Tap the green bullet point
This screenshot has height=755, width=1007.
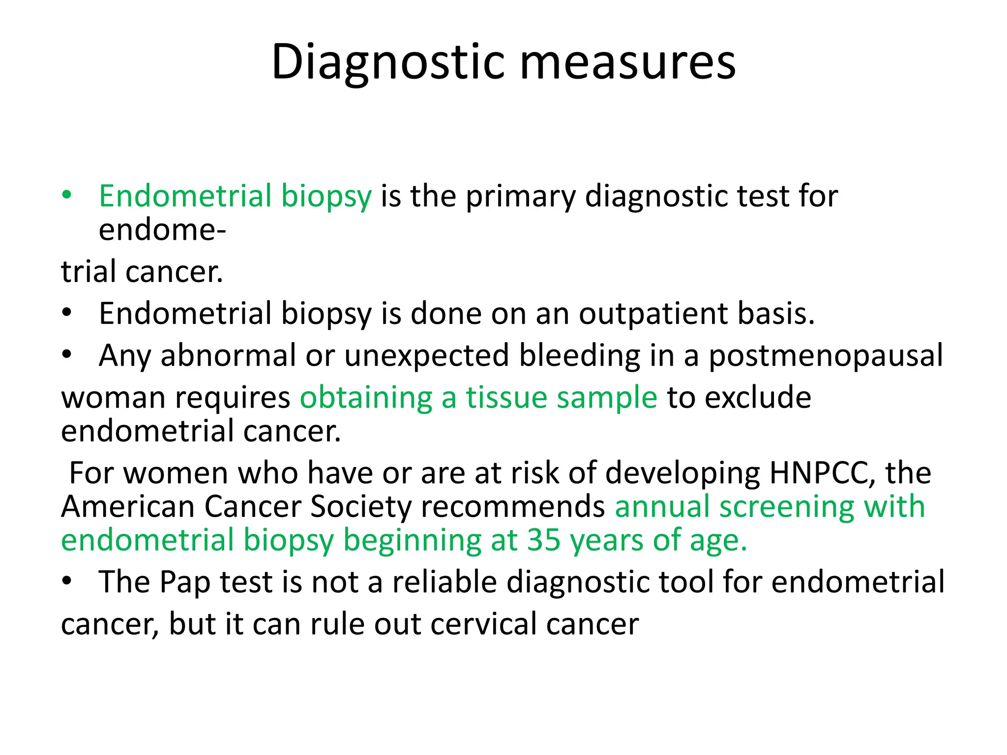[x=66, y=195]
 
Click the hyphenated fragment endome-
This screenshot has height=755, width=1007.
[x=162, y=230]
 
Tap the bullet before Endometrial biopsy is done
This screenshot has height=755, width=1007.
[x=66, y=313]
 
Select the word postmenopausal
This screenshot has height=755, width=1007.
[x=825, y=355]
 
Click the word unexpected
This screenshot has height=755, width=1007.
[x=426, y=355]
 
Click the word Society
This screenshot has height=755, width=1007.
[x=361, y=506]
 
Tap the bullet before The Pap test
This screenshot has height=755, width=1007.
[x=66, y=581]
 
